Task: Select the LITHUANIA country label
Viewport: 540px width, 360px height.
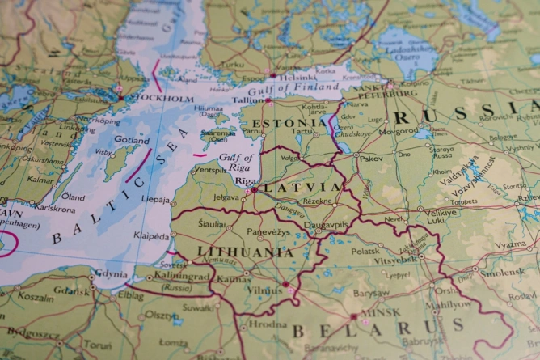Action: [245, 252]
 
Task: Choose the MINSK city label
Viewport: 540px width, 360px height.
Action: [381, 312]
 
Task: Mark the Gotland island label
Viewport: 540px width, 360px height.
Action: [132, 140]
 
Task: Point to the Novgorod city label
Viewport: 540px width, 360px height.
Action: [399, 130]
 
